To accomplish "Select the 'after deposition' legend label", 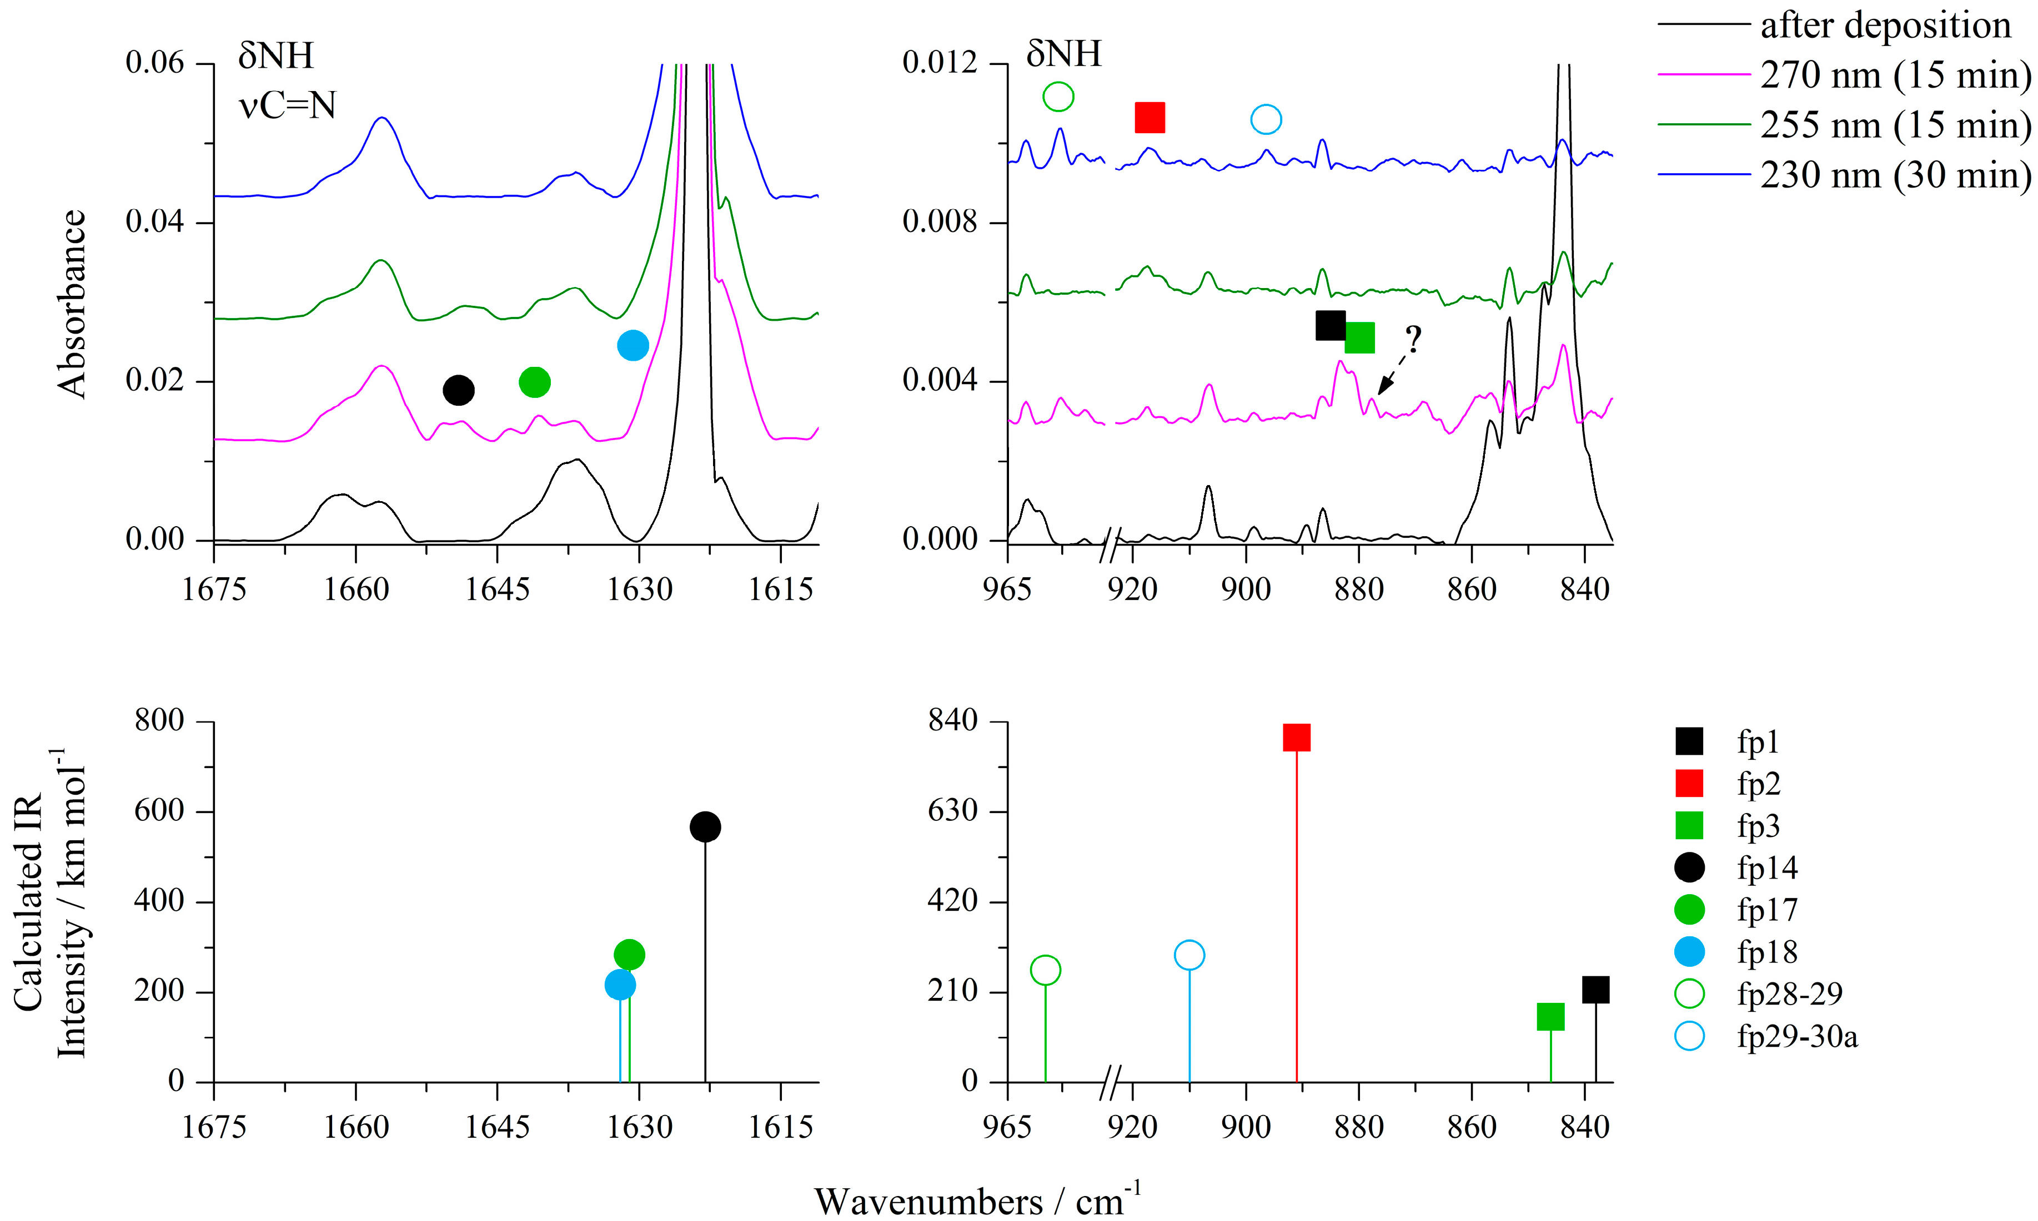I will pos(1885,26).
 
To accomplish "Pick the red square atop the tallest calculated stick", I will pos(1297,737).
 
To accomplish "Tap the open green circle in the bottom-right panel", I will pos(1045,970).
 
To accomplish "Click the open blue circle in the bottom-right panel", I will pos(1189,955).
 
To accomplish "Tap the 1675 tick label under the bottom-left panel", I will pos(213,1127).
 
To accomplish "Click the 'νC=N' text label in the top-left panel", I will pos(287,105).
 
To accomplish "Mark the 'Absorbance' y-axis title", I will pos(72,305).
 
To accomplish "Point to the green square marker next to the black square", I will pos(1359,337).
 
